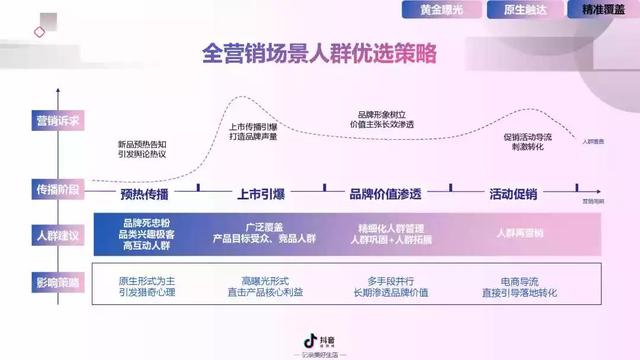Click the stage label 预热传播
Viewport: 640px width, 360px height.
(144, 194)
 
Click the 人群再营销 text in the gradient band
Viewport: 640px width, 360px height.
(519, 233)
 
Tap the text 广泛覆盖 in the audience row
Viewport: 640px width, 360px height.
(262, 227)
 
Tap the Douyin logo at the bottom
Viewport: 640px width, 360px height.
(318, 343)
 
